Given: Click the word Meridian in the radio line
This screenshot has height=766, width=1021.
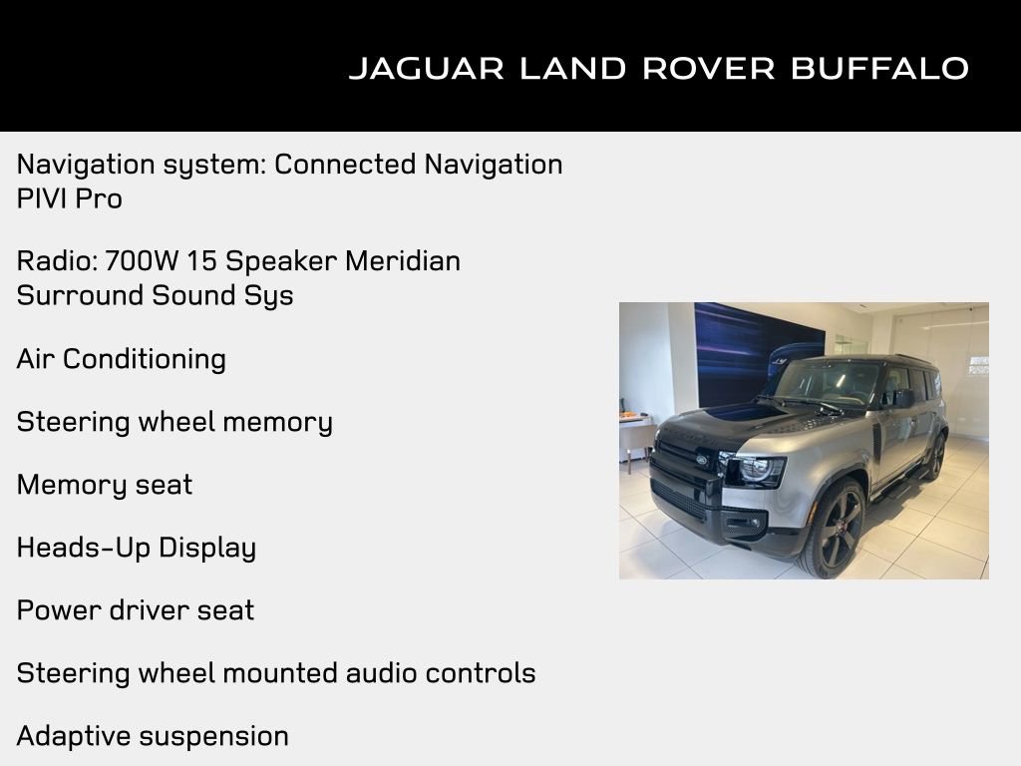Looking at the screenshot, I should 403,261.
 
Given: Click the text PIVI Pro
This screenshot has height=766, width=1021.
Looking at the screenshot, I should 70,198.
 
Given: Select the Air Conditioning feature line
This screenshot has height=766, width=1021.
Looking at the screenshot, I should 122,359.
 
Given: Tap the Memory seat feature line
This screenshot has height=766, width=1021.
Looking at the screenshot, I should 105,485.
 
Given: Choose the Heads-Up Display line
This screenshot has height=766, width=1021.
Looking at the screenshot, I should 137,548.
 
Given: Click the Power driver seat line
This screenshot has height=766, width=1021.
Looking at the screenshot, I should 136,610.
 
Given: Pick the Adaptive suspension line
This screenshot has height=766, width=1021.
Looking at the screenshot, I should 153,736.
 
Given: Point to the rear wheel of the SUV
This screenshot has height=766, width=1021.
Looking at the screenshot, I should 935,456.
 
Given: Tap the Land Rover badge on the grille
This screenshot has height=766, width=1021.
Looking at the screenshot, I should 702,460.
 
